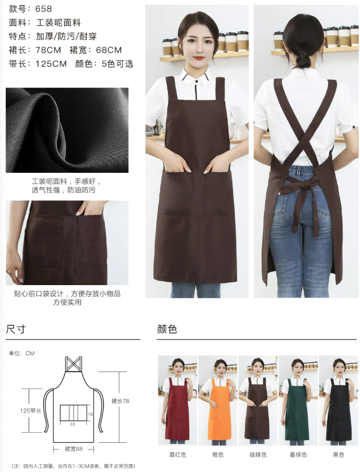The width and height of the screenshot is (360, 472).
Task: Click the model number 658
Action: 43,9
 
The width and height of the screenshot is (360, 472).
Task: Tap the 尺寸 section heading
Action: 15,329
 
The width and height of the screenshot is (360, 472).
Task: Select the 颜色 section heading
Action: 167,329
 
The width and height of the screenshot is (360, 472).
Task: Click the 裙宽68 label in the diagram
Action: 74,449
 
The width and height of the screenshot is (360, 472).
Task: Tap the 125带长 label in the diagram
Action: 30,411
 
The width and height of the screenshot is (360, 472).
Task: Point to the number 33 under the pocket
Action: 72,425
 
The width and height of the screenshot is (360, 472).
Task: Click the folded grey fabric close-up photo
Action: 67,130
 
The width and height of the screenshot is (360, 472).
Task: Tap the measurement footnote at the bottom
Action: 73,466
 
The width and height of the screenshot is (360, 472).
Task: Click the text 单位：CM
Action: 22,354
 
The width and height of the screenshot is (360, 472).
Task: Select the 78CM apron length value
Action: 48,50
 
